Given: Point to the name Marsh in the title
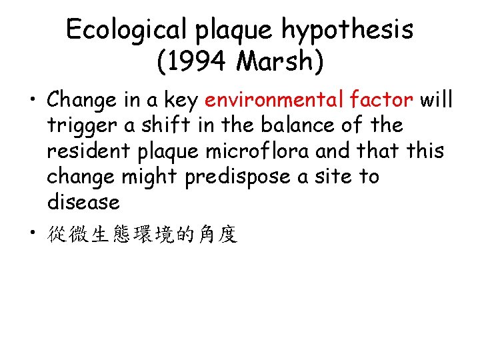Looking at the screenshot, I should [273, 62].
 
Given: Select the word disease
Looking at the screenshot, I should [83, 202].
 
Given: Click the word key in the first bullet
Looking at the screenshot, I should [180, 101].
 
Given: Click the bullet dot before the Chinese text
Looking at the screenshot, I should [31, 233].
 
